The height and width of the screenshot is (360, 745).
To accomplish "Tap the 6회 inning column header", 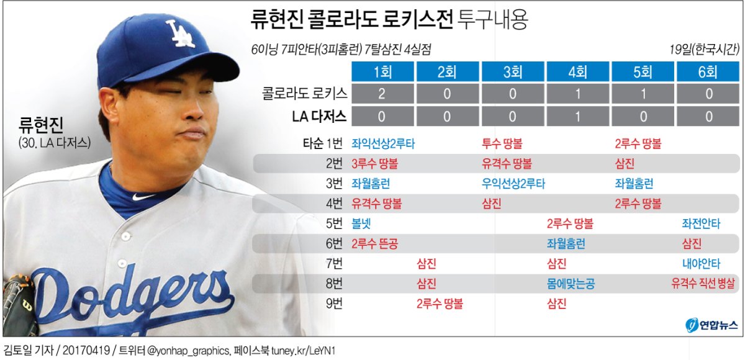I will coord(708,72).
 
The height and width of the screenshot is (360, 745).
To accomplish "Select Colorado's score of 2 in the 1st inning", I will coord(382,94).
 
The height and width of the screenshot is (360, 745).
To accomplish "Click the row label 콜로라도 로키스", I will coord(305,94).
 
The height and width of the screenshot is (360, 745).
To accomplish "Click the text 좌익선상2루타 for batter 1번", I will coord(383,144).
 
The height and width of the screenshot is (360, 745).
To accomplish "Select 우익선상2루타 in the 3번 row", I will coord(513,184).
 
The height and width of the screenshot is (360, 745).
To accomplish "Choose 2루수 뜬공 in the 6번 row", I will coord(374,244).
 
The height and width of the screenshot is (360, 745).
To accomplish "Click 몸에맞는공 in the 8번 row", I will coord(571,284).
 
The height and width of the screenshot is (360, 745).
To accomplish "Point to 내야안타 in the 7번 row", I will coord(701,264).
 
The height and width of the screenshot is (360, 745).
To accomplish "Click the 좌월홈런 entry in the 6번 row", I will coord(566,244).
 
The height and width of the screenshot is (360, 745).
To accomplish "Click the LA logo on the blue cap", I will coord(181,34).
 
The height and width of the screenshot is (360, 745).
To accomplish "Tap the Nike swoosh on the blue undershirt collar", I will coord(142,197).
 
